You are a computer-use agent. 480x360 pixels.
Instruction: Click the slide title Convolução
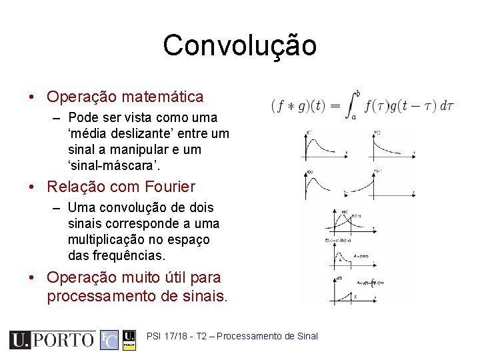(x=240, y=45)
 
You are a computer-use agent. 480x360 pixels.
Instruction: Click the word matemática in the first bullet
(x=163, y=97)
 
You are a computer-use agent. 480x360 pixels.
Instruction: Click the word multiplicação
(x=104, y=239)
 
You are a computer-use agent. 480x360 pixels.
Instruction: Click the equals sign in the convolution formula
(x=334, y=106)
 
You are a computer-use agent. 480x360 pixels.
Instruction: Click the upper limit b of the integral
(x=358, y=93)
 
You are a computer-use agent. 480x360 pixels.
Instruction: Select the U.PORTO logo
(x=52, y=340)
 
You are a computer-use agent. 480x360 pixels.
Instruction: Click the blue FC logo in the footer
(x=109, y=340)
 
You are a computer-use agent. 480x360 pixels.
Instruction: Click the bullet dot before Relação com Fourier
(x=33, y=187)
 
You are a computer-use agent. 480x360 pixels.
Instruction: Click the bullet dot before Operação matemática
(x=33, y=97)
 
